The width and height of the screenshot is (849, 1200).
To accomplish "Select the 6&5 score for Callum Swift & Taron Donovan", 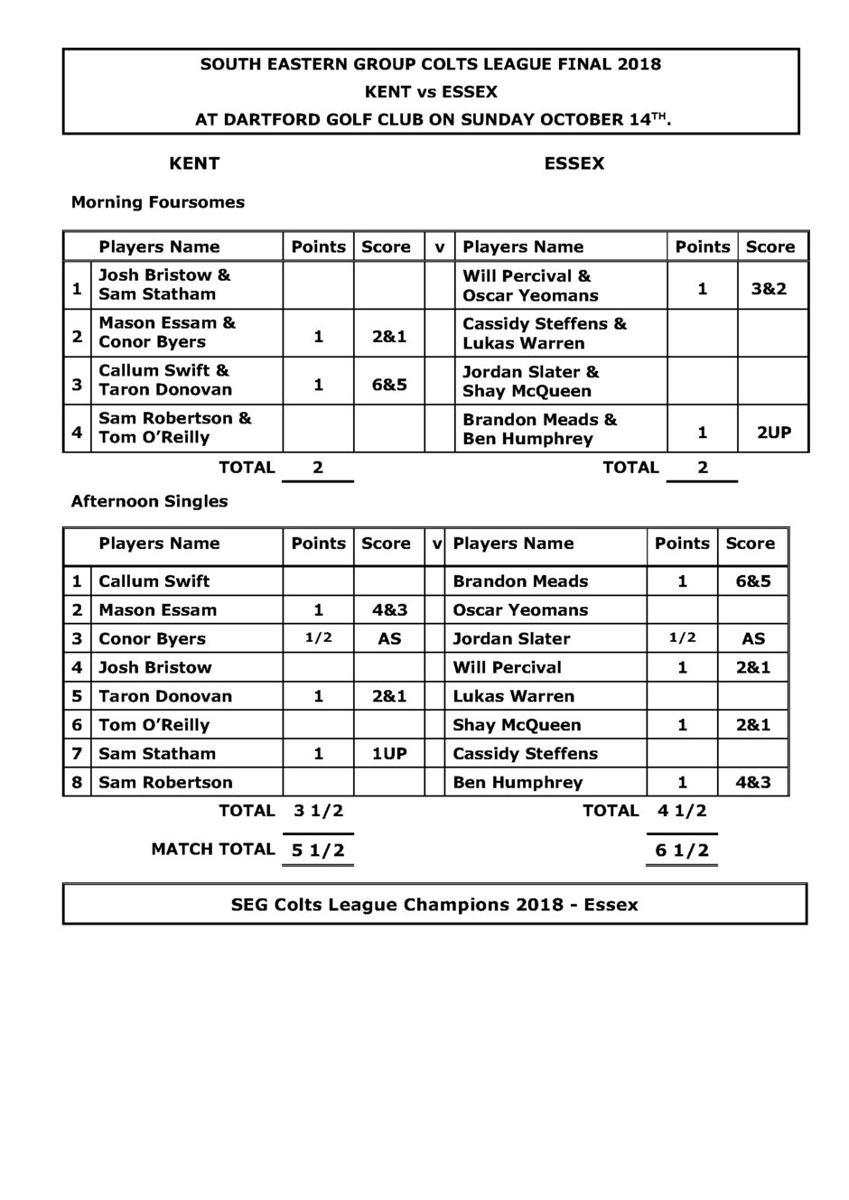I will click(x=389, y=385).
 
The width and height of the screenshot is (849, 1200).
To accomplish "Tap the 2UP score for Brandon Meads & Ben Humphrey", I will click(x=774, y=433).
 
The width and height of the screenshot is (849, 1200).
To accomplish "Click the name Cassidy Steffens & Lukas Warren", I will click(x=544, y=333).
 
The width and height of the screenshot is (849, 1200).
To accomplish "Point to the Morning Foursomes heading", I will click(x=158, y=202).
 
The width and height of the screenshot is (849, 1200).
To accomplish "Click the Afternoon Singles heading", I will click(x=149, y=501).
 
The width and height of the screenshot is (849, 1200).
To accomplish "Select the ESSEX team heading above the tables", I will click(x=574, y=163).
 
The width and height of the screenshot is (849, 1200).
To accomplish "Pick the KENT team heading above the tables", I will click(x=194, y=163).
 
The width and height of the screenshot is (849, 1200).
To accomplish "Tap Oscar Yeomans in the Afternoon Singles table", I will click(x=520, y=610).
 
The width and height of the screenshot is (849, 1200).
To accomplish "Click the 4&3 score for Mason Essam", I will click(x=389, y=610).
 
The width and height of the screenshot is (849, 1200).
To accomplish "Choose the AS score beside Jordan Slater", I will click(x=753, y=639).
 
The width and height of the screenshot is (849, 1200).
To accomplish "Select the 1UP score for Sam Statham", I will click(x=389, y=754).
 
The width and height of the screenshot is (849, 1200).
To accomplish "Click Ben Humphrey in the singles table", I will click(x=518, y=783).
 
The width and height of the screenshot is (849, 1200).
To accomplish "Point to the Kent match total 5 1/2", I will click(x=318, y=851).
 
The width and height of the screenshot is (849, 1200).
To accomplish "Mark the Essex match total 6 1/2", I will click(x=682, y=851).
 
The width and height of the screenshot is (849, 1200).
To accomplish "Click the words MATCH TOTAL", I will click(x=213, y=849).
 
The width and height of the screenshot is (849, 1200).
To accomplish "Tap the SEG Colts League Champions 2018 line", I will click(x=434, y=905).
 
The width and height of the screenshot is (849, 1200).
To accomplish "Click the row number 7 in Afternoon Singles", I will click(x=77, y=754).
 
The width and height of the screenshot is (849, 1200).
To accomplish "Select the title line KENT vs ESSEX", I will click(x=431, y=92).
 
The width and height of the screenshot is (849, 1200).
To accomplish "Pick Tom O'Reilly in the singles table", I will click(x=154, y=725).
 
